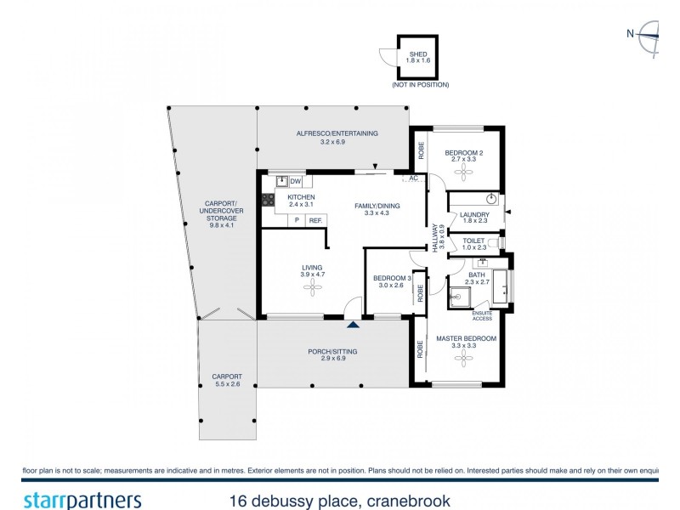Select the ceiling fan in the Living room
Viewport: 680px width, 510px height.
(x=313, y=288)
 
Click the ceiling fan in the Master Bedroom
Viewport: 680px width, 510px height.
(x=464, y=359)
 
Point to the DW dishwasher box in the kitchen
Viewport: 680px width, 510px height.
(x=295, y=181)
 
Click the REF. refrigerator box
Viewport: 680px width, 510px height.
(x=315, y=221)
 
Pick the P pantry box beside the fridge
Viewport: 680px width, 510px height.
(x=297, y=221)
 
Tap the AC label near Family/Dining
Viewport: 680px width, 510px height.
(x=413, y=178)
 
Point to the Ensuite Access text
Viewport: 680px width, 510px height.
(x=483, y=315)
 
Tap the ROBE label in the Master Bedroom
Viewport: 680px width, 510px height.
(x=419, y=348)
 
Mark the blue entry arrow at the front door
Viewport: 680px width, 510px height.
(x=354, y=323)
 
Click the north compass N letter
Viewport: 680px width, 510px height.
(x=630, y=34)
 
